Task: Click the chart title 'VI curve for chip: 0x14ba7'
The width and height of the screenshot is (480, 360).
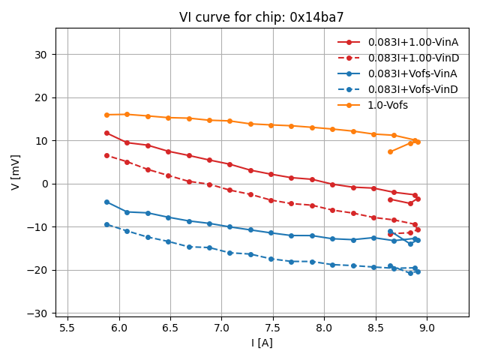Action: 261,17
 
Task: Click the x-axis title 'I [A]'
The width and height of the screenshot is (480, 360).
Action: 262,343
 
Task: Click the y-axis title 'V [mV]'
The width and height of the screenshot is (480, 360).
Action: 16,172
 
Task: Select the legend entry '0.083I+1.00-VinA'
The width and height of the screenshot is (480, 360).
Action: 413,42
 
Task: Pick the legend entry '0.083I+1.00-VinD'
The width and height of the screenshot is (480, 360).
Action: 413,58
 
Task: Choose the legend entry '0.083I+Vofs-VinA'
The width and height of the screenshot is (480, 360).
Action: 412,73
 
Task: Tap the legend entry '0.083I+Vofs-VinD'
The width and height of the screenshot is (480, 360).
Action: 412,89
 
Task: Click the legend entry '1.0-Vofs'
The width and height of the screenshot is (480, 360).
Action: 388,105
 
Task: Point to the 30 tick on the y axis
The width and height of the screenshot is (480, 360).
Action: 40,55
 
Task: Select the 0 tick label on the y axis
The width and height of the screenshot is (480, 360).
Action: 44,184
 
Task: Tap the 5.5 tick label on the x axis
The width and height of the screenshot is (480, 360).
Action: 67,328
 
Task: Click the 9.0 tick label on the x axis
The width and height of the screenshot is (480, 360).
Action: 426,328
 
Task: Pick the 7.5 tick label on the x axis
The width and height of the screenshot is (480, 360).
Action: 272,328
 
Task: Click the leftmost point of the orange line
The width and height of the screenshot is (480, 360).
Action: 106,115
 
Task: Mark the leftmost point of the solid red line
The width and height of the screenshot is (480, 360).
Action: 106,133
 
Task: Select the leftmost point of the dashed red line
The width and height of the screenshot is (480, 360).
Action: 106,155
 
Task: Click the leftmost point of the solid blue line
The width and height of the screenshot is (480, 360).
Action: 106,202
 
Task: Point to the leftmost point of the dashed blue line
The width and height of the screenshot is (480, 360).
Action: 106,224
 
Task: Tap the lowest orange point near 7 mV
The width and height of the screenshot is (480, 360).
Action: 390,151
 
